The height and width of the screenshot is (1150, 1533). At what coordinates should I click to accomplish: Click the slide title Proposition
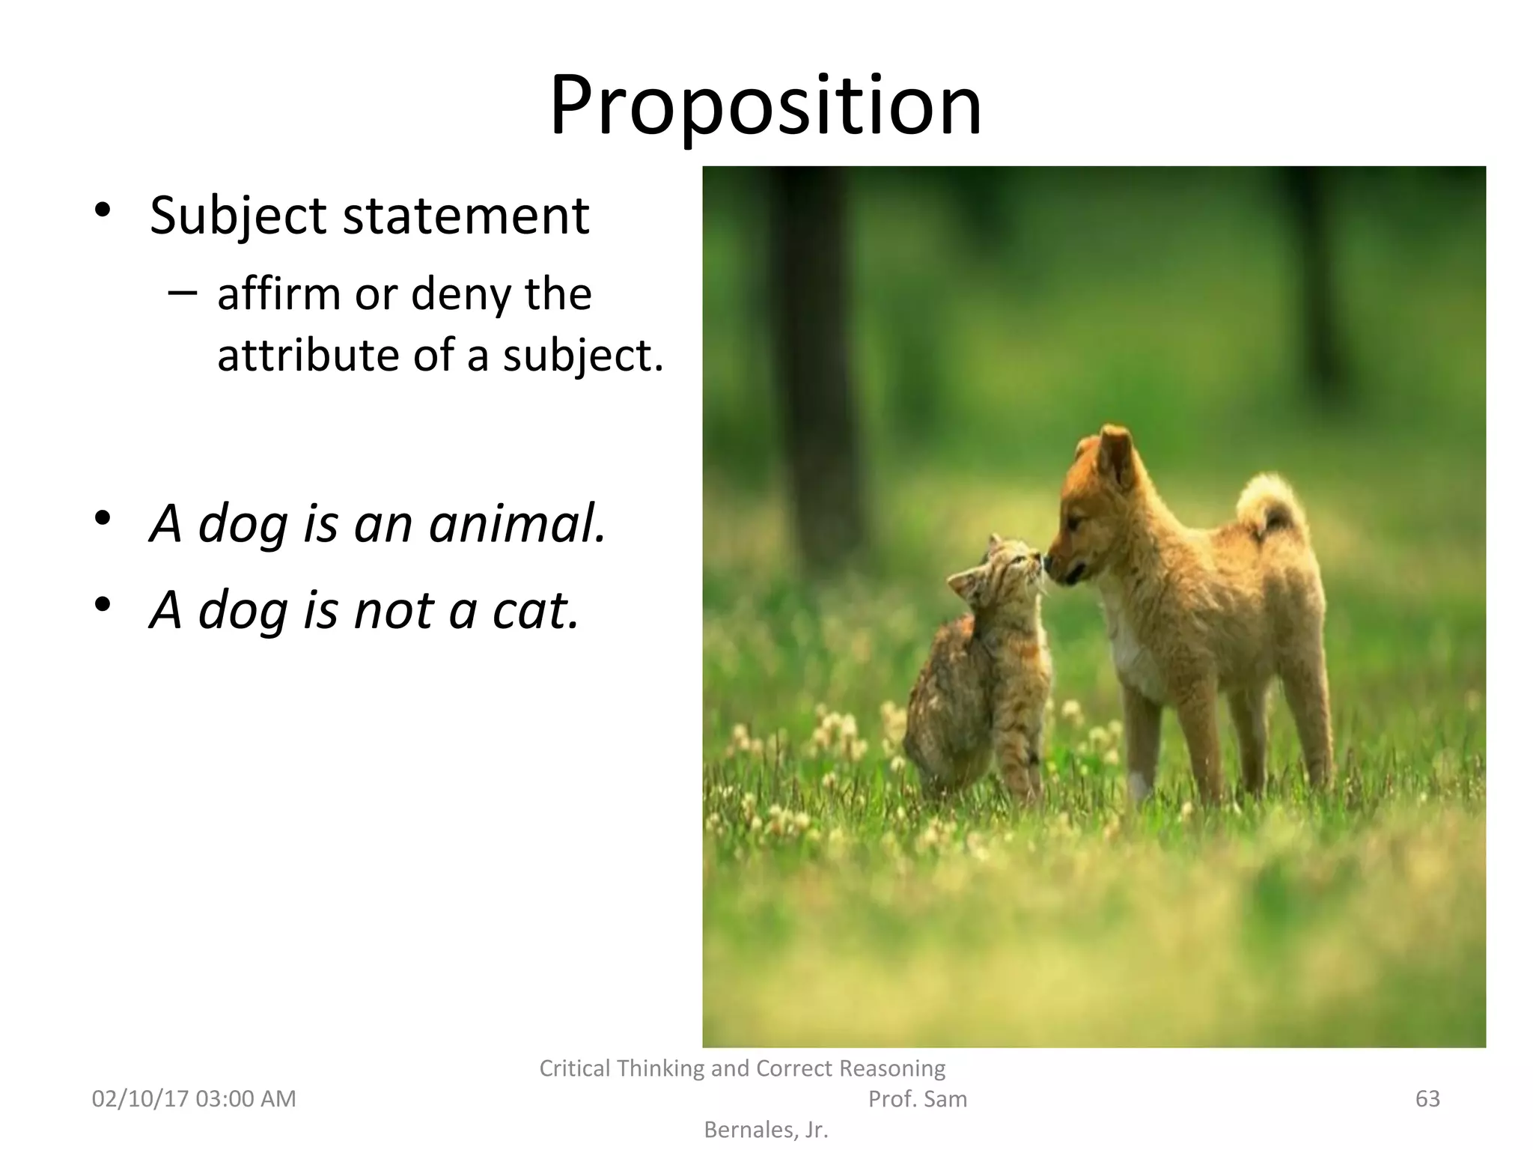(x=765, y=106)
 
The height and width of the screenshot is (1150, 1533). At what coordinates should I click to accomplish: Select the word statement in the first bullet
(x=466, y=216)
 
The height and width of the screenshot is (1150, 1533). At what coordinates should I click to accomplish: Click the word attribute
(x=308, y=355)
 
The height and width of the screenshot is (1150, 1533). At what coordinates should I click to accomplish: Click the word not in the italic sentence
(x=394, y=610)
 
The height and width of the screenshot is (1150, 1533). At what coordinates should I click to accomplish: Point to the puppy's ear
(x=1116, y=454)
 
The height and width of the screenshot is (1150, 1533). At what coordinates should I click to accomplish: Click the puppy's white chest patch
(x=1134, y=651)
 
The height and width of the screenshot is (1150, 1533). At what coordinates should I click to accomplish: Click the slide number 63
(x=1427, y=1098)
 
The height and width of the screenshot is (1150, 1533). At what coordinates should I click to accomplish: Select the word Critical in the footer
(x=575, y=1068)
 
